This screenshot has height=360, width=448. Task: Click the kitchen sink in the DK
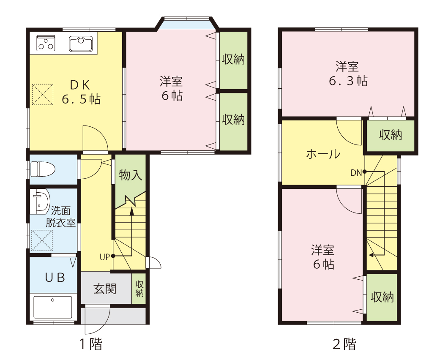point(80,44)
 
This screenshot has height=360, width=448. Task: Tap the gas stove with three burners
point(46,43)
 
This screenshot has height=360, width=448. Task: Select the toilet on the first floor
point(43,169)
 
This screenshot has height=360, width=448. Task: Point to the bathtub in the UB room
point(53,307)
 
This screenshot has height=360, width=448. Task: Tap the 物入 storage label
point(131,175)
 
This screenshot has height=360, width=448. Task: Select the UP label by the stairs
point(104,256)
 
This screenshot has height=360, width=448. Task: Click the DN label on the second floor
point(355,172)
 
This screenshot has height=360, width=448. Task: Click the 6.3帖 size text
point(348,81)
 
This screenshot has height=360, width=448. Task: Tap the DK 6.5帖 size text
point(81,100)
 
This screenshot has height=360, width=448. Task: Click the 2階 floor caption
point(344,344)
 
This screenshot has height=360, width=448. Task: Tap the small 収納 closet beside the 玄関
point(139,289)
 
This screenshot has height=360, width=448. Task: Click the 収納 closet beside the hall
point(390,136)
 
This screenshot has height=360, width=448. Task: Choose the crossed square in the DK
point(43,94)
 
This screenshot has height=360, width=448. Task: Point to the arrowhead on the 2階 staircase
point(371,255)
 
